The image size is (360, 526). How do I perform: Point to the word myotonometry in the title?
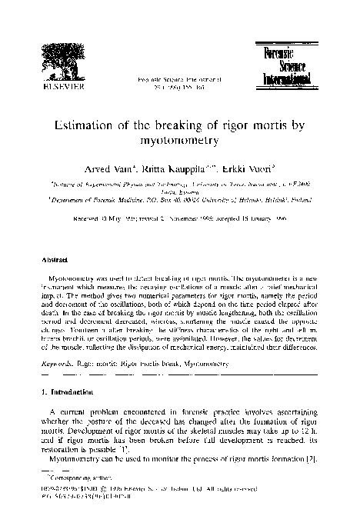(x=179, y=141)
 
